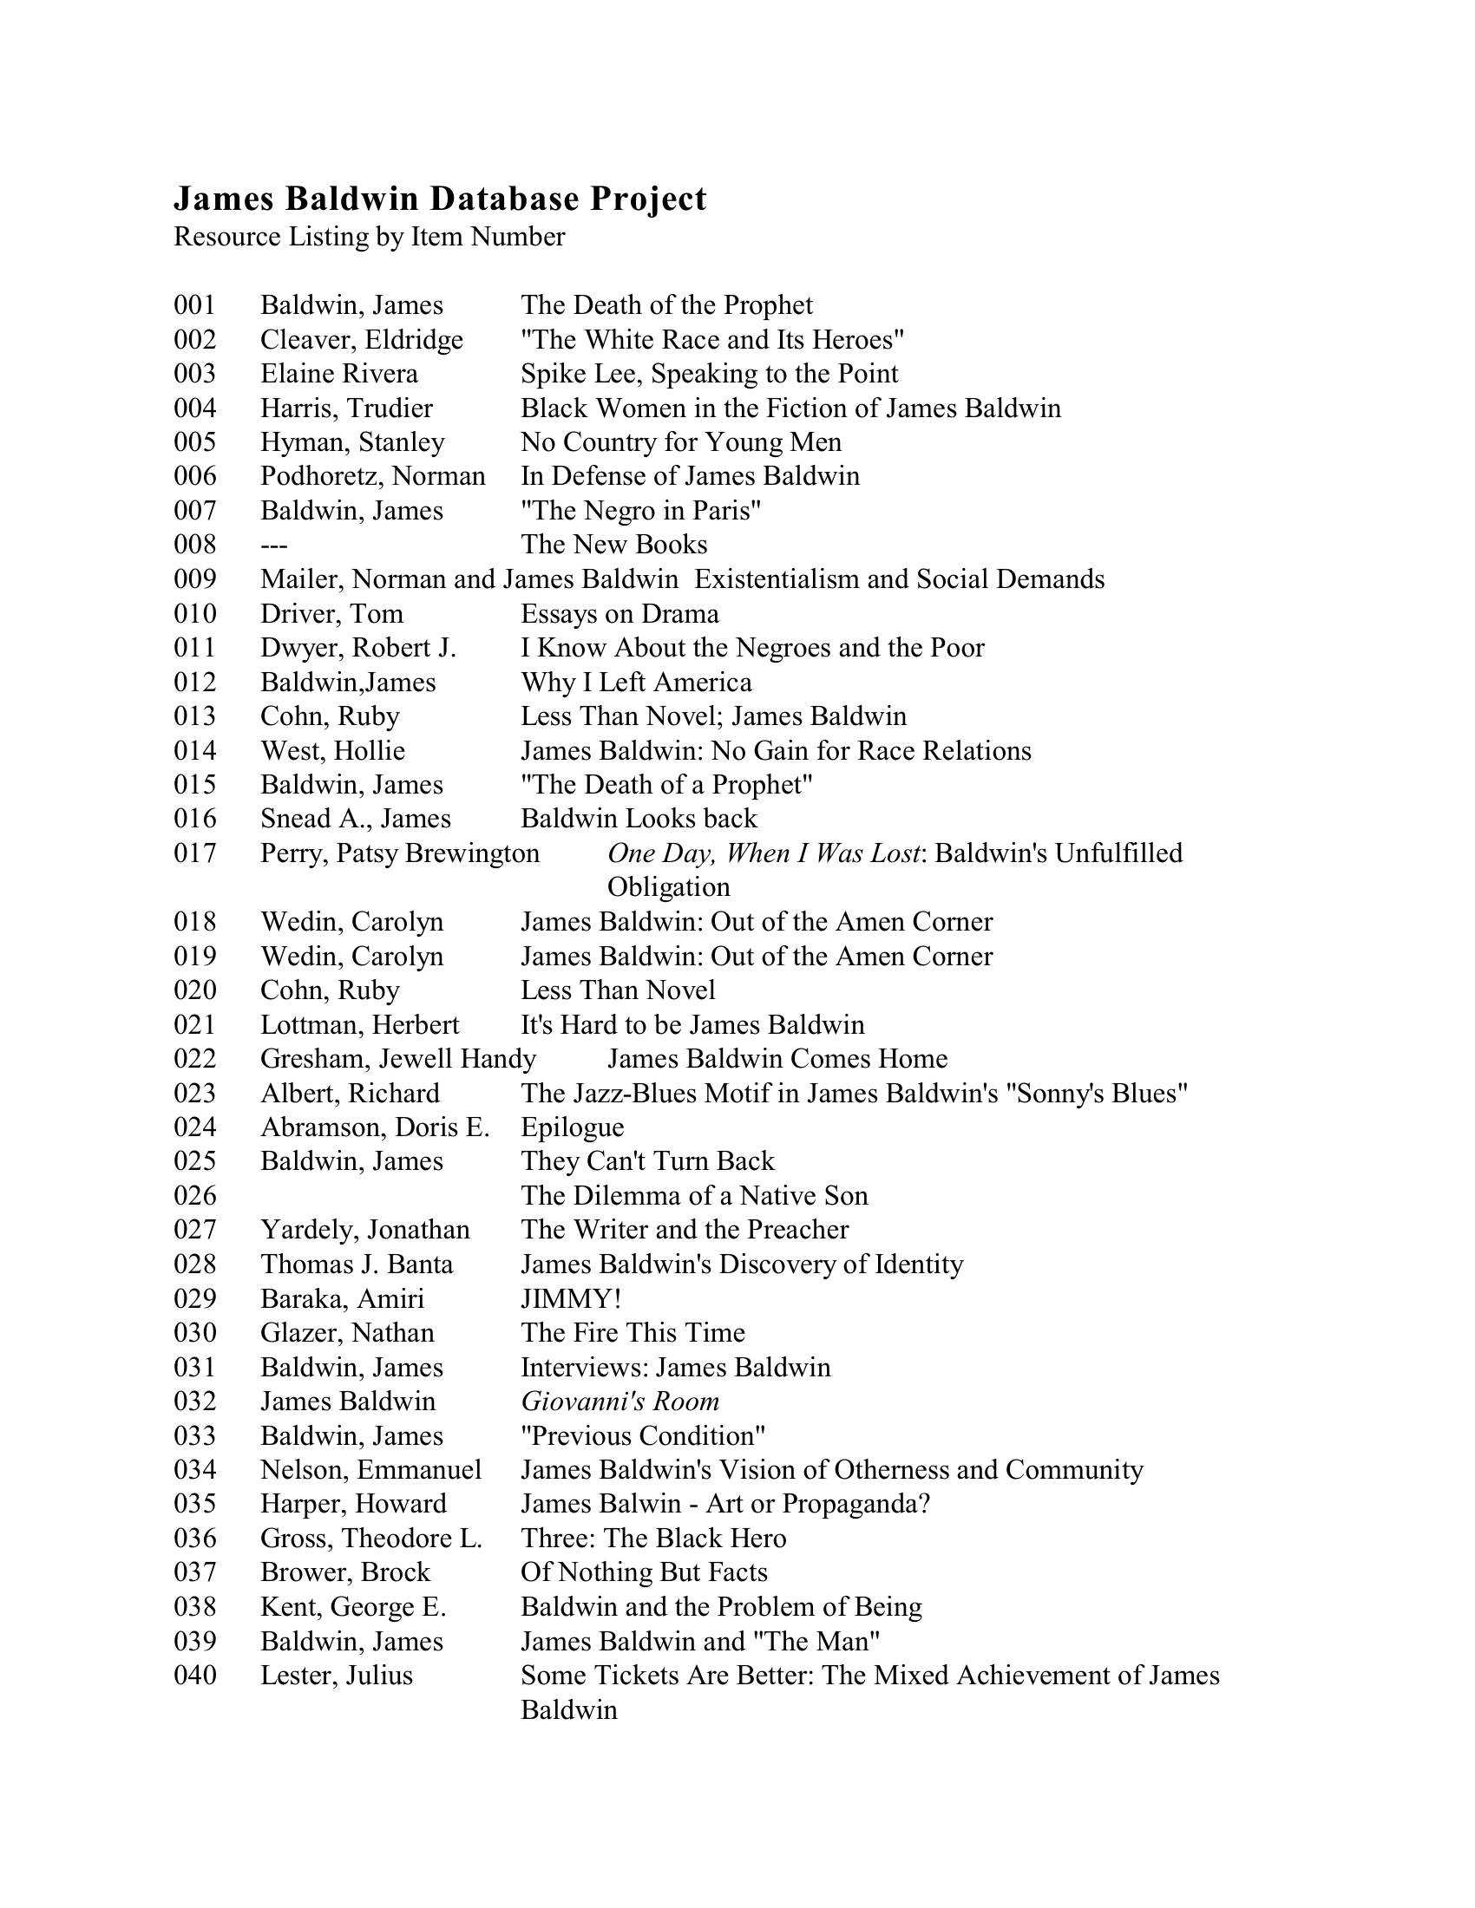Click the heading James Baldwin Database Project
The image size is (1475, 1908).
pos(440,199)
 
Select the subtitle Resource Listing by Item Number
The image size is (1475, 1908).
pos(369,237)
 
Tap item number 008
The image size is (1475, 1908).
pos(195,546)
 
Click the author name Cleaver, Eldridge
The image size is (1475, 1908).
pos(362,340)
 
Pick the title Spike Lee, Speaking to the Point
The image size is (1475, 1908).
pos(709,374)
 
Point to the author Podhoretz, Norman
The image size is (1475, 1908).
pos(372,476)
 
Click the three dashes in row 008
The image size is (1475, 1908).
pos(273,546)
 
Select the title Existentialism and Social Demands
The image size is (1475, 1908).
pos(899,579)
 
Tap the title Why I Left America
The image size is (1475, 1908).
pos(636,683)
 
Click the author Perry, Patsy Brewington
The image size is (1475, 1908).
pos(399,853)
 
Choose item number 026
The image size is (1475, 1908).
pos(195,1196)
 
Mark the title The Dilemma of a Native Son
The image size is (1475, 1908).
pos(694,1196)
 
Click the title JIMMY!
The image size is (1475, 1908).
pos(571,1299)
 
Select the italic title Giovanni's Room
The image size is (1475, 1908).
pos(619,1402)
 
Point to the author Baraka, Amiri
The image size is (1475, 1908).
pos(342,1299)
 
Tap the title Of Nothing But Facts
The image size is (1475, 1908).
pos(644,1573)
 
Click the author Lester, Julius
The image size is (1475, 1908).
pos(337,1676)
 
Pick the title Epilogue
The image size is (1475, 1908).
pos(573,1127)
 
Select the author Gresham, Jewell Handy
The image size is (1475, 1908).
pos(397,1059)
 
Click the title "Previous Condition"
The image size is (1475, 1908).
pos(643,1436)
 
